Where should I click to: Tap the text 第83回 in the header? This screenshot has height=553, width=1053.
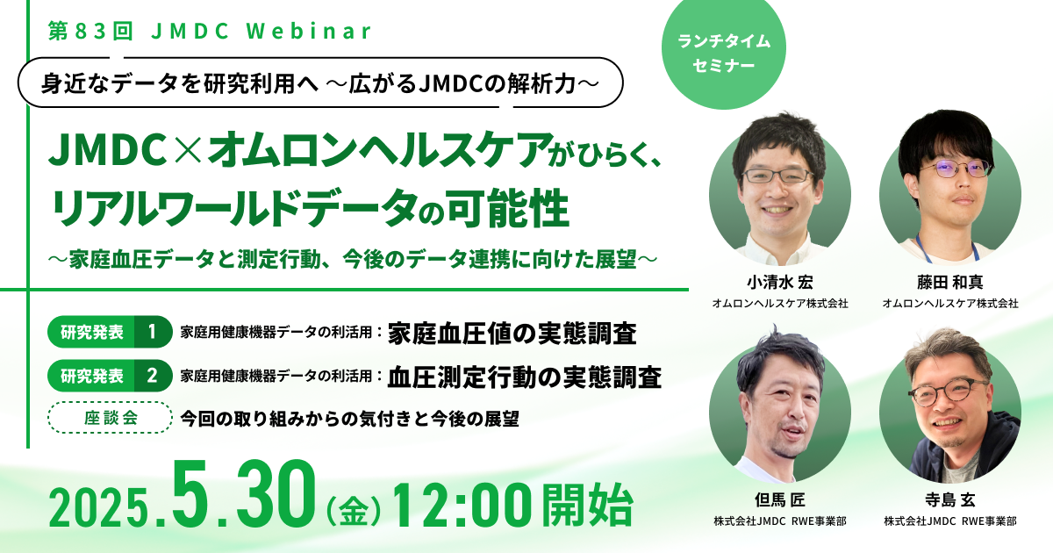90,31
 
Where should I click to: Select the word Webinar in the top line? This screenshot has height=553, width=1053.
309,31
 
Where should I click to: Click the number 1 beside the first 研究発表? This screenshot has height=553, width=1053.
152,332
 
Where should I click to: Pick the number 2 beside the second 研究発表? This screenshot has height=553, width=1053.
152,376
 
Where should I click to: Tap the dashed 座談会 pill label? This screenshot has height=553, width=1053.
110,418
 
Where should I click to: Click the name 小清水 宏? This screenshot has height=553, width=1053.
780,282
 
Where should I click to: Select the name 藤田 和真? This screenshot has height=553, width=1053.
950,282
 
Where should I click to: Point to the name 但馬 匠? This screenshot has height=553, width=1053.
780,499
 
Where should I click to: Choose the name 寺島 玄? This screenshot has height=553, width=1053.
950,499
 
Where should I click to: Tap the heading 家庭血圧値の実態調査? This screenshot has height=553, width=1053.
512,334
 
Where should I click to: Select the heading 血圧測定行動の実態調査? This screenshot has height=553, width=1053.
525,377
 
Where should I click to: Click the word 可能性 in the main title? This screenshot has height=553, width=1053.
508,208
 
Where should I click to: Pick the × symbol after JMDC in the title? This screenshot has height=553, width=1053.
187,149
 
